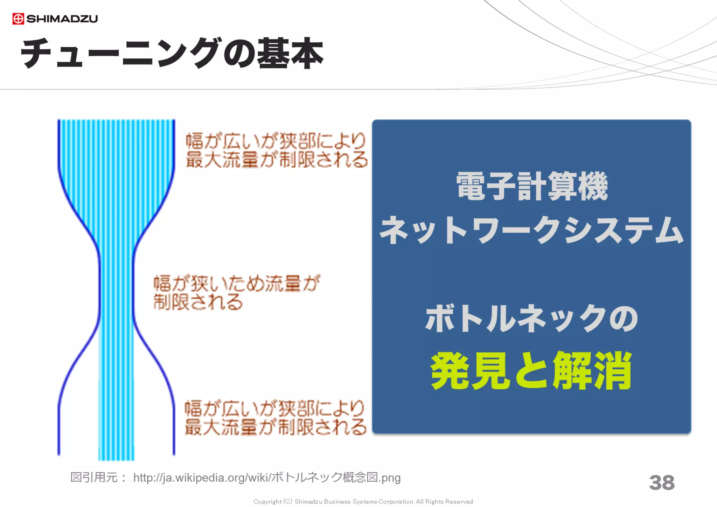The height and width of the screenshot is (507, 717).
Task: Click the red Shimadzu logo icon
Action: click(x=18, y=19)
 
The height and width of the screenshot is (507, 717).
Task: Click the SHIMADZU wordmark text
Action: click(x=62, y=19)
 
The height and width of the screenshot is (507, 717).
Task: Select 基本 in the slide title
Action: click(x=290, y=53)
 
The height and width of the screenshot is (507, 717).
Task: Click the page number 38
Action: click(x=661, y=482)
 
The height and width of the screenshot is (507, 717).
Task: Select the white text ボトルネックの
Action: click(x=531, y=318)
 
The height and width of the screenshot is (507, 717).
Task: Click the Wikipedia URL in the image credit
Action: click(x=267, y=478)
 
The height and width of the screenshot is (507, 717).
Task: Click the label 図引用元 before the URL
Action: click(x=94, y=477)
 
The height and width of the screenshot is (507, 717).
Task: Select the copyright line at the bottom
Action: click(x=363, y=501)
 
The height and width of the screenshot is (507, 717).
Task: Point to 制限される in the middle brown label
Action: click(x=198, y=302)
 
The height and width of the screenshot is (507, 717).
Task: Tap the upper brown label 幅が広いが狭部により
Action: click(x=276, y=141)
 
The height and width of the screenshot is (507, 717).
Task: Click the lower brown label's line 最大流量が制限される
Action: click(x=276, y=427)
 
